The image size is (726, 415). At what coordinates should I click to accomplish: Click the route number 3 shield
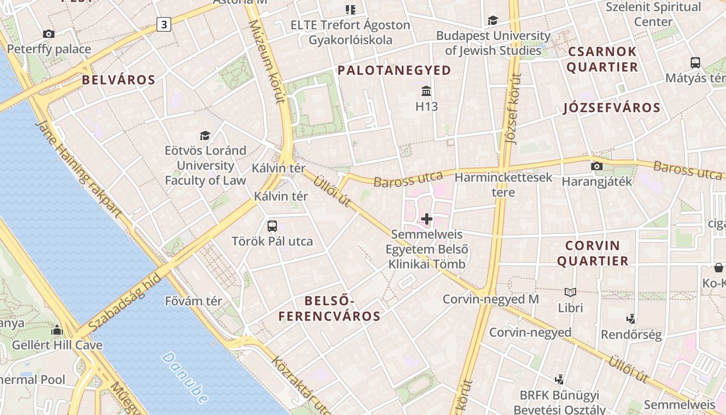point(164,24)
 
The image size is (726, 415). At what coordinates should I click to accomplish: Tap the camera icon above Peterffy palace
point(49,34)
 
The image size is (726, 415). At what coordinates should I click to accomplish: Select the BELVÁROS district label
point(118,80)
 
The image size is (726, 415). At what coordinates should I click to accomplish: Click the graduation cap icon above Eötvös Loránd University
point(205,135)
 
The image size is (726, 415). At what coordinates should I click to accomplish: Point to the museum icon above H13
point(426,91)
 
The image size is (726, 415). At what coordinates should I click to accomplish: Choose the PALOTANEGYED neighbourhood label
point(394,71)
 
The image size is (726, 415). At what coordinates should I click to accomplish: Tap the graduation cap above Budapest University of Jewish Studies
point(493,21)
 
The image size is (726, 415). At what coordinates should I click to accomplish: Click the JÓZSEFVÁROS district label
point(612,108)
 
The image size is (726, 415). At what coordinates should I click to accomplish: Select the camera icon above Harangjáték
point(597,167)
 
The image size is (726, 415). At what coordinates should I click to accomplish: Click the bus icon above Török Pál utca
point(272,226)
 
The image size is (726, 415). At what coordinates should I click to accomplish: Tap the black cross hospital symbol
point(427,219)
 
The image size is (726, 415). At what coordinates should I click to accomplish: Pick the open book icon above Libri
point(570,293)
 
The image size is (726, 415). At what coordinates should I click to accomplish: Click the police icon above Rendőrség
point(631,319)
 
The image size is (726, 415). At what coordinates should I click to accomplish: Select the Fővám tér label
point(193,301)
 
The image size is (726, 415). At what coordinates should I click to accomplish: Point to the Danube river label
point(185,378)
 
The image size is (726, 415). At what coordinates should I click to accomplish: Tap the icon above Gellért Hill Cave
point(57,330)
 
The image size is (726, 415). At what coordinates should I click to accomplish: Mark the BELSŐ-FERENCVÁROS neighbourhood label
point(329,308)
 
